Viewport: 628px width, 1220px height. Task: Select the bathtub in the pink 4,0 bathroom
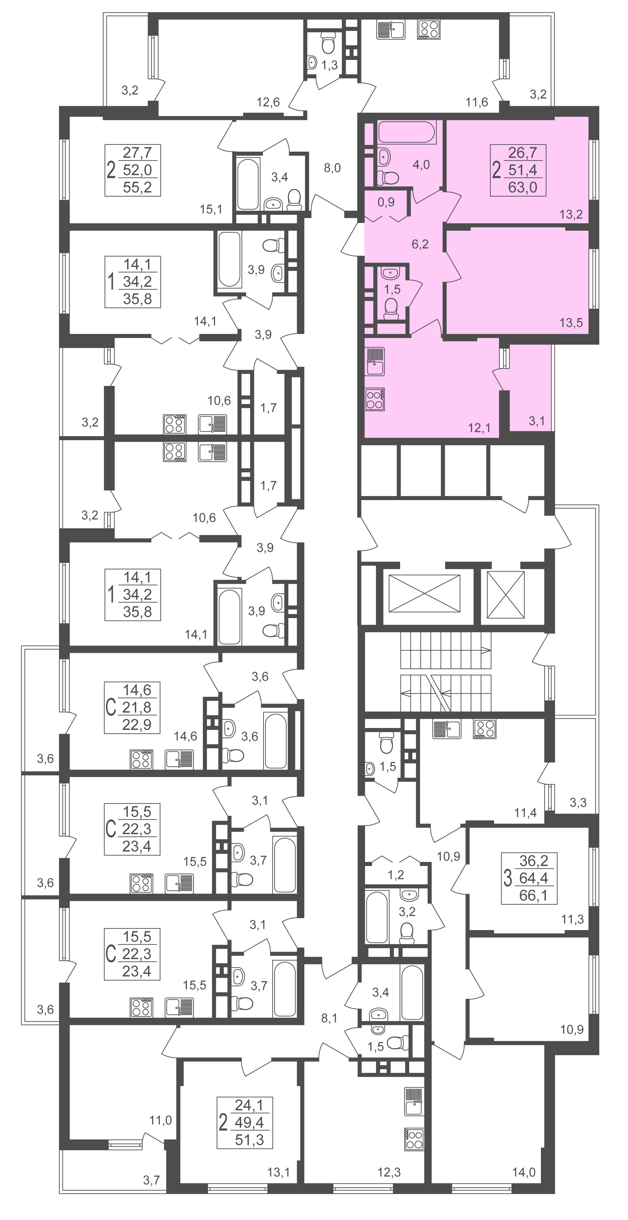tap(407, 132)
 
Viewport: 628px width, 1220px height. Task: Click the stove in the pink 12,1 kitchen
tap(375, 399)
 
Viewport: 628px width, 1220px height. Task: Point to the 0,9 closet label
tap(386, 202)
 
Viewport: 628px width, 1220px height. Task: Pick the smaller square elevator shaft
tap(506, 595)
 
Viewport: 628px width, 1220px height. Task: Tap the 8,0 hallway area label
tap(332, 168)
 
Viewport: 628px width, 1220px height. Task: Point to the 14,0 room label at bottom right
tap(523, 1173)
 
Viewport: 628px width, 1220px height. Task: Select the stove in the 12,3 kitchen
tap(414, 1139)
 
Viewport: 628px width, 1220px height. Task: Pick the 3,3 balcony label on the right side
tap(578, 803)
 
